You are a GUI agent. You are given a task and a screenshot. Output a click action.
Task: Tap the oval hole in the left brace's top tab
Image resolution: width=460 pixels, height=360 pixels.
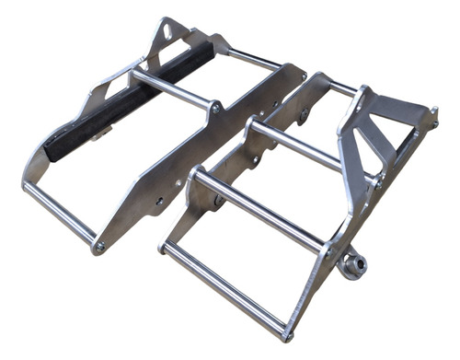pyautogui.click(x=167, y=30)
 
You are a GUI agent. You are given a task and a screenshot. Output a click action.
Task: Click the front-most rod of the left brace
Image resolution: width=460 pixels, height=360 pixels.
pyautogui.click(x=60, y=212)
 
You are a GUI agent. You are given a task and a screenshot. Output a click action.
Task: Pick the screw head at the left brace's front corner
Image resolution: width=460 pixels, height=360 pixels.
pyautogui.click(x=99, y=247)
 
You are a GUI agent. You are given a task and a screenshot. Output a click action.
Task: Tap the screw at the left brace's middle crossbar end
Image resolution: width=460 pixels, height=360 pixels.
pyautogui.click(x=214, y=108)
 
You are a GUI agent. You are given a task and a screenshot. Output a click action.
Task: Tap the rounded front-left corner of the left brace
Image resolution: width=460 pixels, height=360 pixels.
pyautogui.click(x=28, y=184)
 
